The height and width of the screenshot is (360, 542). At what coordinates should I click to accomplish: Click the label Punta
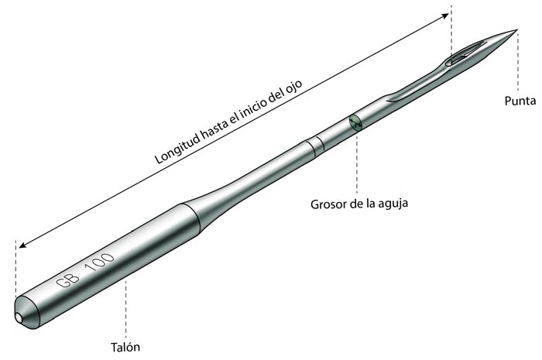click(x=520, y=101)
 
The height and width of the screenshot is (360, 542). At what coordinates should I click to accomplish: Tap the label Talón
click(x=125, y=347)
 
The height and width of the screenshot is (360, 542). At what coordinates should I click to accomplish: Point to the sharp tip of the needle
click(x=516, y=30)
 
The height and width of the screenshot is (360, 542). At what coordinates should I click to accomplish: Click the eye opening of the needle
click(x=465, y=53)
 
